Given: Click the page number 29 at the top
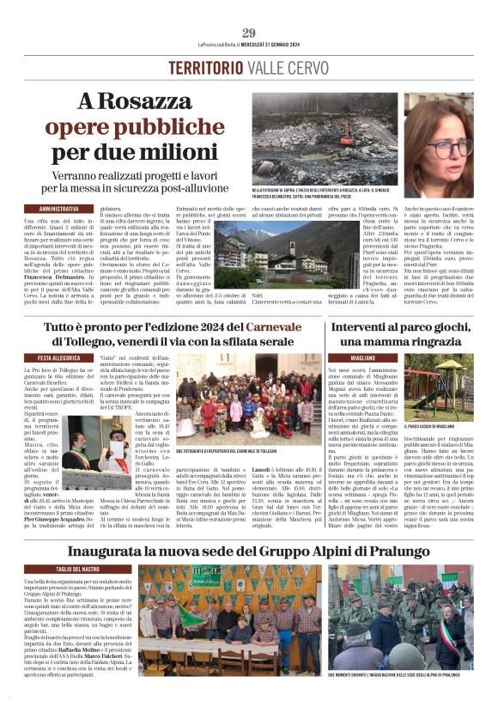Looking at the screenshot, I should [x=249, y=34].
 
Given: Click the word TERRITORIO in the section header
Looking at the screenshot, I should [x=206, y=68].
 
